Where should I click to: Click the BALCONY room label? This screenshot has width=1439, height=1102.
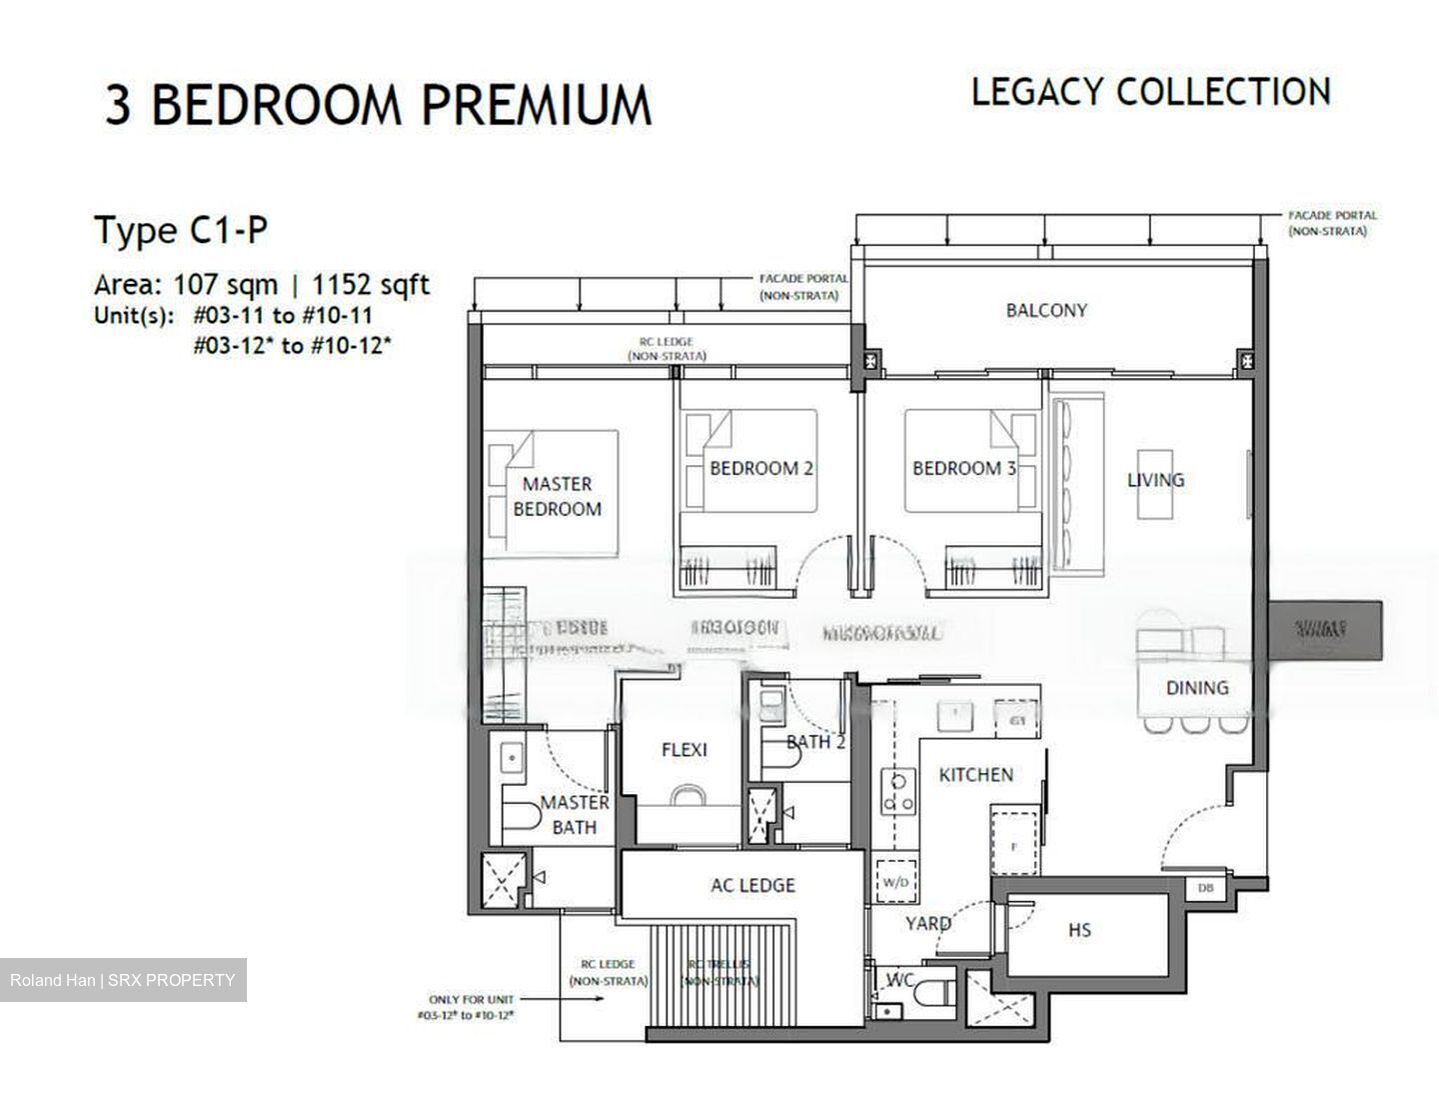[x=1045, y=310]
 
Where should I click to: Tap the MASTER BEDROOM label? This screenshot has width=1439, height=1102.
[x=557, y=496]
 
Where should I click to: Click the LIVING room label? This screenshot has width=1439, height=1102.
[x=1155, y=480]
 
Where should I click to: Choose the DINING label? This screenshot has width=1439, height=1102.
[x=1196, y=688]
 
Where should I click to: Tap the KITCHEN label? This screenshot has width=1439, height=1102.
[x=975, y=775]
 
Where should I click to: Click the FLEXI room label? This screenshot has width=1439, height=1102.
[x=684, y=750]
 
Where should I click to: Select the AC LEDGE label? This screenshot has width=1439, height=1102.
[x=752, y=885]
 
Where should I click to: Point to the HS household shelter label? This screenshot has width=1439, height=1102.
[x=1079, y=930]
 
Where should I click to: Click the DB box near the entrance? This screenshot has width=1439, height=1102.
[x=1204, y=888]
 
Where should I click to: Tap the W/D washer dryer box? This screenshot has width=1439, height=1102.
[x=894, y=882]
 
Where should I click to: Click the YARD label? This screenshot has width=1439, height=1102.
[x=927, y=923]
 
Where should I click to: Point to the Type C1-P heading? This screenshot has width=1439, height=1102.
[x=181, y=231]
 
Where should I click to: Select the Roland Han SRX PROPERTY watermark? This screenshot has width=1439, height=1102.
[x=122, y=980]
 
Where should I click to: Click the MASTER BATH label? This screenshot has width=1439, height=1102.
[x=575, y=814]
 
